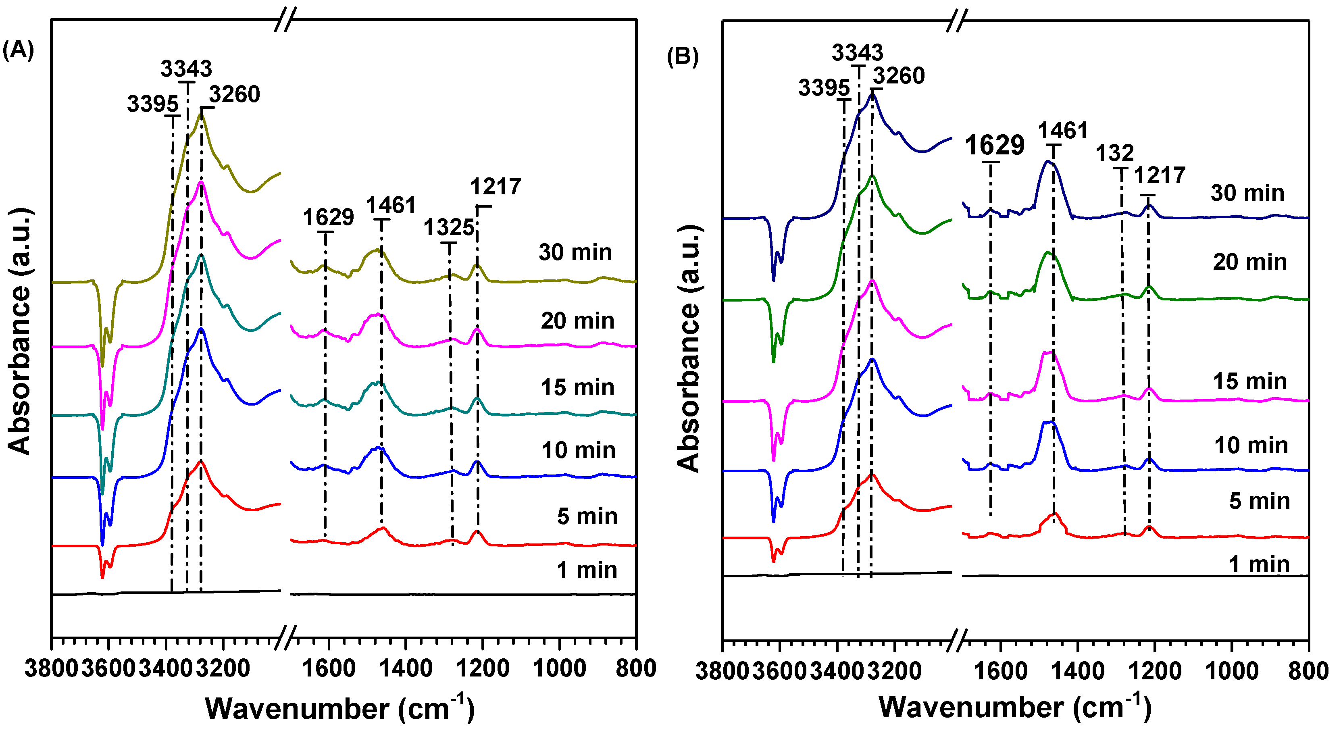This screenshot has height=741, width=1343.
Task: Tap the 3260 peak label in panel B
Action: pyautogui.click(x=899, y=76)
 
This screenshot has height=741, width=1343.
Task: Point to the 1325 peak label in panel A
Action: pyautogui.click(x=448, y=228)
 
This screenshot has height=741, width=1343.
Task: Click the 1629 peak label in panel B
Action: pyautogui.click(x=994, y=145)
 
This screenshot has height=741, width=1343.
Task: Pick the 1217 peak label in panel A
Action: pyautogui.click(x=495, y=187)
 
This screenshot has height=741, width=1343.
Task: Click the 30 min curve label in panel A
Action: pyautogui.click(x=575, y=252)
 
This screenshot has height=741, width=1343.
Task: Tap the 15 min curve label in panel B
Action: pyautogui.click(x=1250, y=382)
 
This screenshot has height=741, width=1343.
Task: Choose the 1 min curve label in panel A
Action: pyautogui.click(x=587, y=570)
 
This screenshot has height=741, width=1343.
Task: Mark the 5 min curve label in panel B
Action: pyautogui.click(x=1259, y=501)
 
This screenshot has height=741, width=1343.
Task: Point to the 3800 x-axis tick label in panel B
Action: pyautogui.click(x=723, y=671)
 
